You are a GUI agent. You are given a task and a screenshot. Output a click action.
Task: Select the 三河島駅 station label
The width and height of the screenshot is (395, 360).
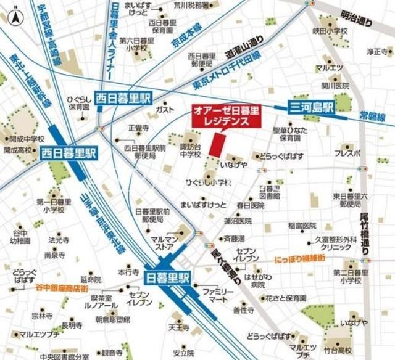(312, 107)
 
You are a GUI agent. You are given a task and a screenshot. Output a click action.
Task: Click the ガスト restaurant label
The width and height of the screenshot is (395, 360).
(165, 109)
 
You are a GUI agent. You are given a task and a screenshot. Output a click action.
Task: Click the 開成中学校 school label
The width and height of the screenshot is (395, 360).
(25, 139)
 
